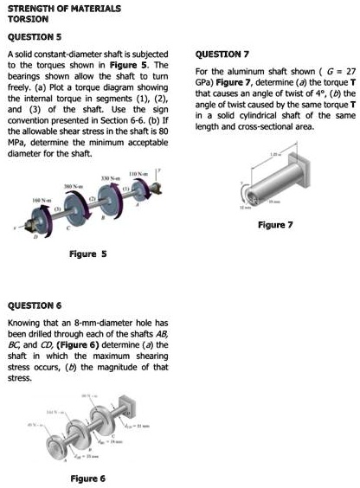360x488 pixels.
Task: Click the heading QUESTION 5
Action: point(34,36)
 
